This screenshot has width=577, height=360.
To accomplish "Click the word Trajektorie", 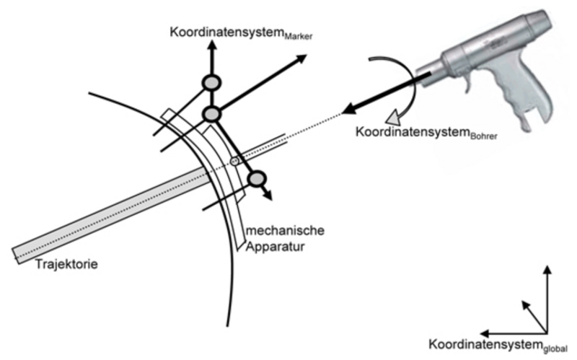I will point(66,264).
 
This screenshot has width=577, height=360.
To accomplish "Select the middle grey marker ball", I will point(211,113).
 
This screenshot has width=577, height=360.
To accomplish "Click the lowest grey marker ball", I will point(255,177).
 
